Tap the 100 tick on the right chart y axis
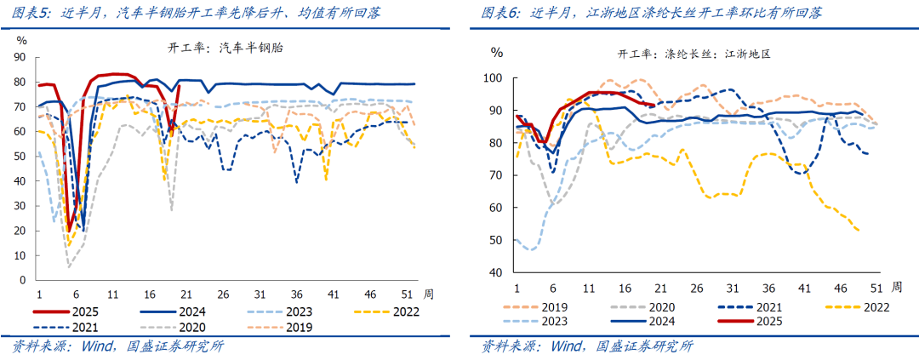click(494, 78)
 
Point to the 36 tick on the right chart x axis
click(768, 288)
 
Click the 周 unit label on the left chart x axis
click(430, 294)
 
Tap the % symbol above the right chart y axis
click(496, 53)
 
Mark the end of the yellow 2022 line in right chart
click(859, 231)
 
